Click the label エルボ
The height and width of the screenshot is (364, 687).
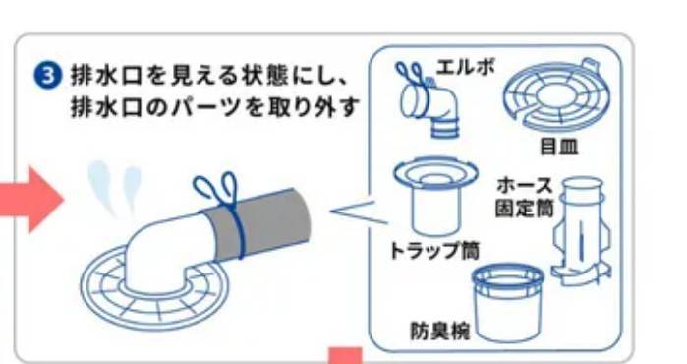(x=465, y=68)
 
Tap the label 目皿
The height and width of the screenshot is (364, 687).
(x=558, y=147)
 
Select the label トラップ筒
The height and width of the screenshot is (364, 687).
(x=434, y=251)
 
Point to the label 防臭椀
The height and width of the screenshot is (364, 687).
(x=440, y=331)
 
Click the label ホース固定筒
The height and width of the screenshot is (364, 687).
(x=525, y=197)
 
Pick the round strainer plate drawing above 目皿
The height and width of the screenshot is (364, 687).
(x=556, y=95)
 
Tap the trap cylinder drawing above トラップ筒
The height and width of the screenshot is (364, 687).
(x=434, y=198)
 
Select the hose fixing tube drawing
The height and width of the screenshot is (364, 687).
(x=582, y=231)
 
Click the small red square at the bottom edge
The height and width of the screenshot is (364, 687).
(x=346, y=356)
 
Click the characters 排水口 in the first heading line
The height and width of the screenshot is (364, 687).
(x=106, y=77)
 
